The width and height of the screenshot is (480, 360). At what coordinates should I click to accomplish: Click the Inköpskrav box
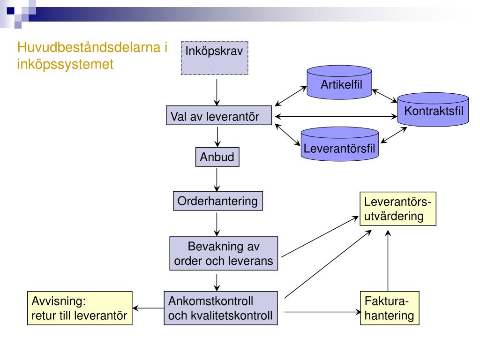click(x=214, y=58)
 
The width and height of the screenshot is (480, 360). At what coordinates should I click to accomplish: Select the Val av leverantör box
click(x=219, y=116)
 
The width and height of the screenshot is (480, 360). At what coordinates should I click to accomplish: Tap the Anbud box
click(x=217, y=157)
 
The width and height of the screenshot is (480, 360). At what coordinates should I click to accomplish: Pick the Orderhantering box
click(x=217, y=202)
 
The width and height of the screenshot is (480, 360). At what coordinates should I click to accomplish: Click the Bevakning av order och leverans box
click(x=224, y=254)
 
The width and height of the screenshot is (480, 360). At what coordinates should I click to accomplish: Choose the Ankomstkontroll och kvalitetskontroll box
click(x=220, y=308)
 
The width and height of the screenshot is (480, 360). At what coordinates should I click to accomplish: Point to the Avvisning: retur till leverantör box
click(x=79, y=308)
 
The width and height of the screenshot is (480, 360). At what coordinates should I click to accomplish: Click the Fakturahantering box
click(x=390, y=308)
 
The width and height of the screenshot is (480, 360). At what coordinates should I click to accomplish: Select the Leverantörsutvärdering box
click(x=397, y=209)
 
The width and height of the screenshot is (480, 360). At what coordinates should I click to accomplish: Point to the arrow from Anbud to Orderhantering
click(x=217, y=179)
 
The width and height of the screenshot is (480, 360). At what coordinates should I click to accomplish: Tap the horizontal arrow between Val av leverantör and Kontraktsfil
click(x=336, y=116)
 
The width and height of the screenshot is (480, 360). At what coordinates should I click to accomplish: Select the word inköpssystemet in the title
click(x=65, y=64)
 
